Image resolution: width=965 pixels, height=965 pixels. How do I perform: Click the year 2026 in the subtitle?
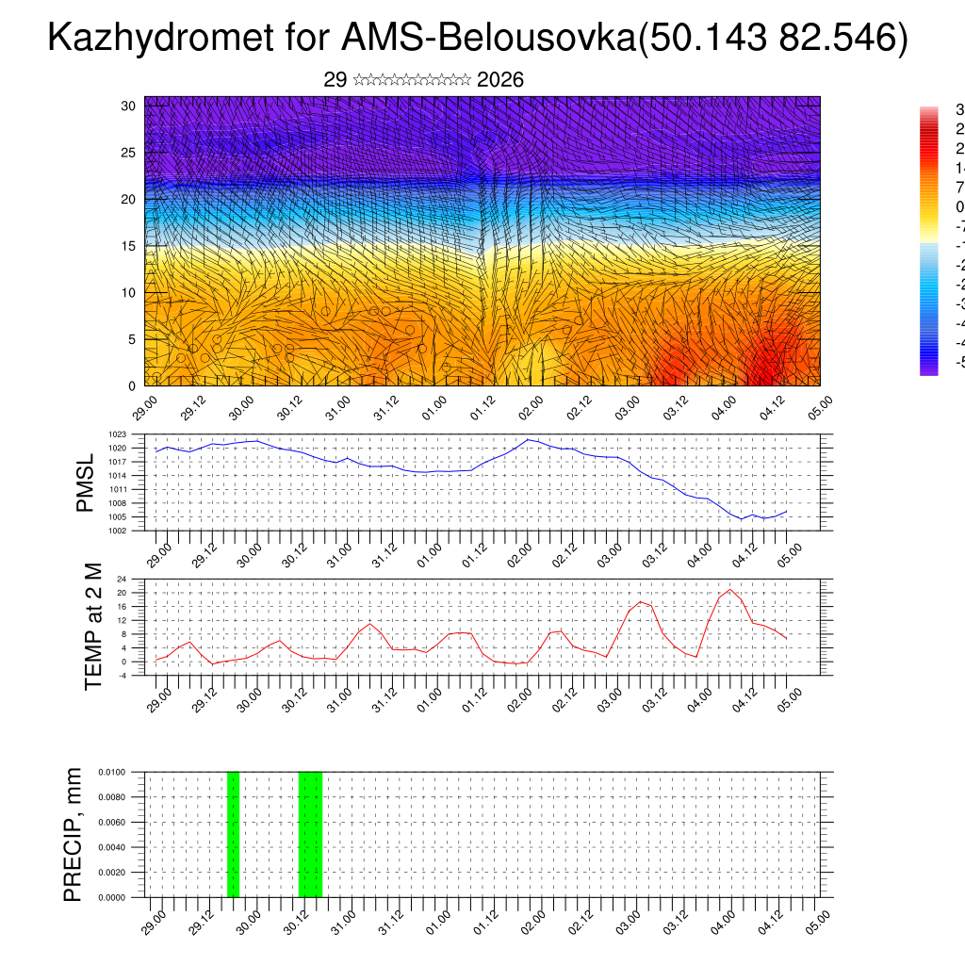click(x=500, y=80)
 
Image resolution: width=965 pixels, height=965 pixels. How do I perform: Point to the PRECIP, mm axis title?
click(x=74, y=834)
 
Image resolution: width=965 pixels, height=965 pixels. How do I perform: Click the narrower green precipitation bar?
click(x=233, y=834)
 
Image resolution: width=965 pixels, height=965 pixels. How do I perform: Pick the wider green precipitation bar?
click(x=310, y=834)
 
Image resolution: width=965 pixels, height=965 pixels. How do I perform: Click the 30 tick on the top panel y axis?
click(x=129, y=106)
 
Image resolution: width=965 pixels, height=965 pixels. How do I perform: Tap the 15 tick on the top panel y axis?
click(x=129, y=246)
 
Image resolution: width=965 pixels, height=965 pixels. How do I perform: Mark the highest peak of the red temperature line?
click(x=729, y=590)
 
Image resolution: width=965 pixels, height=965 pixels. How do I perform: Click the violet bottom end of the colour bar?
click(x=928, y=369)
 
